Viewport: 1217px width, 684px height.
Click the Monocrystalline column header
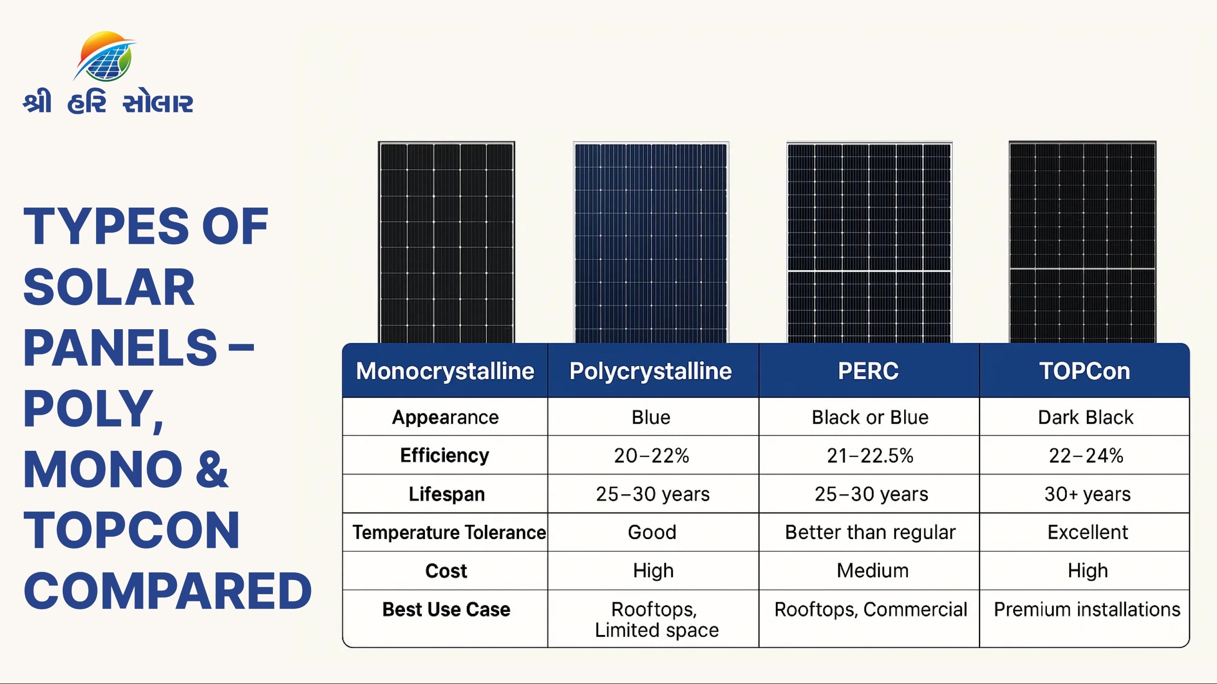(x=445, y=371)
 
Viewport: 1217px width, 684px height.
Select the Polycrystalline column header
(x=651, y=371)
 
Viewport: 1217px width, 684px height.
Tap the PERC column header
(x=869, y=371)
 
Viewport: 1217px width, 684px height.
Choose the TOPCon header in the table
(x=1084, y=371)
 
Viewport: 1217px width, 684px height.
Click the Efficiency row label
(x=445, y=456)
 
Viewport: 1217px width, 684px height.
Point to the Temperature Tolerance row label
(x=449, y=532)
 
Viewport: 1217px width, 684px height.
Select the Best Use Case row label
(x=446, y=609)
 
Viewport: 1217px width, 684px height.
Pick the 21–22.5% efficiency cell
(x=870, y=456)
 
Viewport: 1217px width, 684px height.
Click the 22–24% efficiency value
(x=1086, y=456)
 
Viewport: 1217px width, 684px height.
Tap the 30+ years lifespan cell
(x=1087, y=494)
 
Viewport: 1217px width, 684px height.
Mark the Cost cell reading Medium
(x=873, y=570)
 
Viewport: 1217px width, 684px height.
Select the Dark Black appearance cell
(x=1086, y=418)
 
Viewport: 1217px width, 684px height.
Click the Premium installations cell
(x=1087, y=609)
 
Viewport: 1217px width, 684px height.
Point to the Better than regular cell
(x=870, y=532)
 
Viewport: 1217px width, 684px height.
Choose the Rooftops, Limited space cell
(x=657, y=620)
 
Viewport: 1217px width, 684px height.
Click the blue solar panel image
(x=651, y=242)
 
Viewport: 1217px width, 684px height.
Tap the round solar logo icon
(x=105, y=57)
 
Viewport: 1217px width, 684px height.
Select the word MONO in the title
(x=103, y=469)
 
